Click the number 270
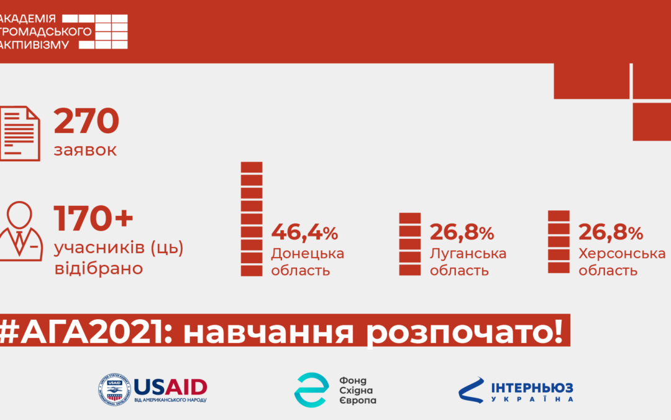86,121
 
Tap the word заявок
85,151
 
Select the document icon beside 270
20,133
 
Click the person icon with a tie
21,232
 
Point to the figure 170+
93,218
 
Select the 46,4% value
304,233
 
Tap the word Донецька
308,254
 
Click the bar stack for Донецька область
252,218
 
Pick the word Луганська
468,254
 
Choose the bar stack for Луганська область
410,244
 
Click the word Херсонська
622,254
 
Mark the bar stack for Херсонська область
559,241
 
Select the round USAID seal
114,390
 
